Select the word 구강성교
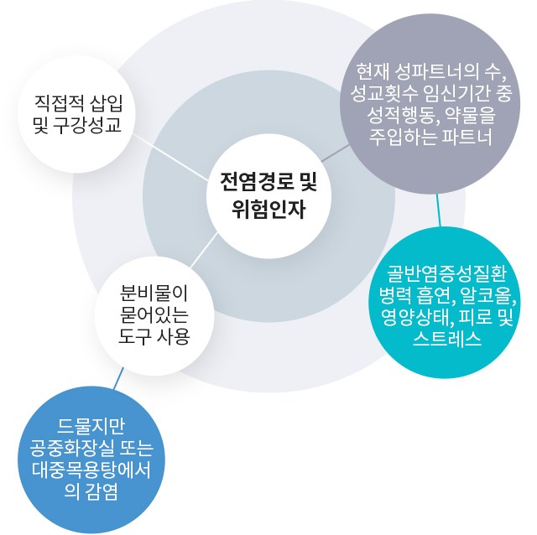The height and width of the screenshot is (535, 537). click(x=91, y=127)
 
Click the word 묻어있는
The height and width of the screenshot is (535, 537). click(x=154, y=314)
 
